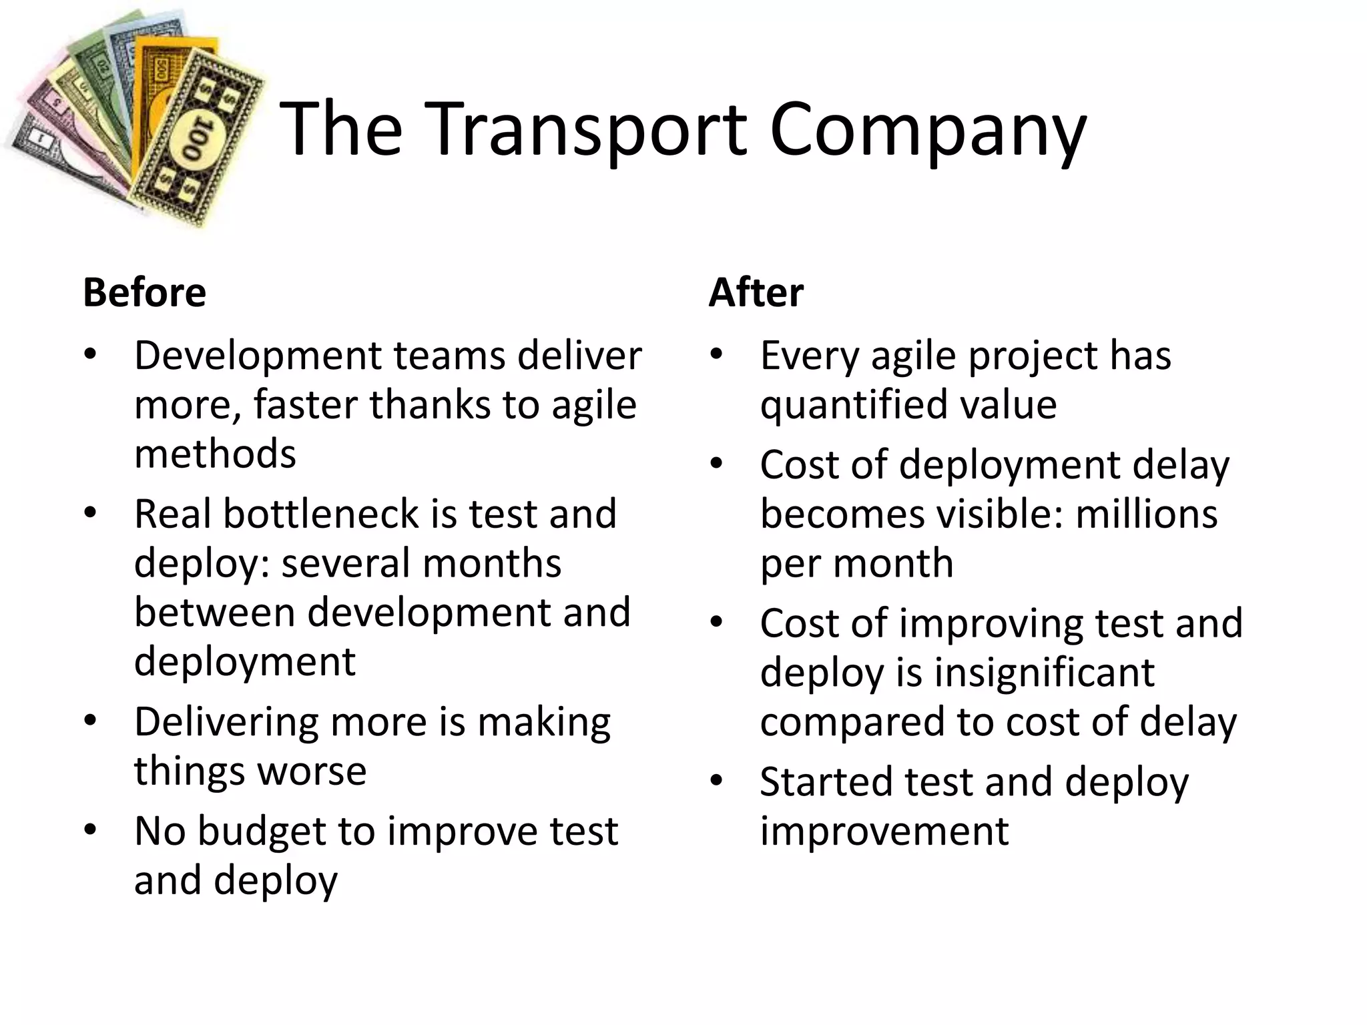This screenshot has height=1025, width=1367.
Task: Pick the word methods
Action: [215, 454]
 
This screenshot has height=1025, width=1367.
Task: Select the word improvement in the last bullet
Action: [884, 831]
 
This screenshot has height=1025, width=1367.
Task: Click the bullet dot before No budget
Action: [91, 830]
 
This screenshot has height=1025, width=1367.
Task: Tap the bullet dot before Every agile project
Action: [716, 354]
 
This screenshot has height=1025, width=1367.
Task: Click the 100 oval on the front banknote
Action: [196, 141]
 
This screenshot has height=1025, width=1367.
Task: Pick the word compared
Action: [852, 722]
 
